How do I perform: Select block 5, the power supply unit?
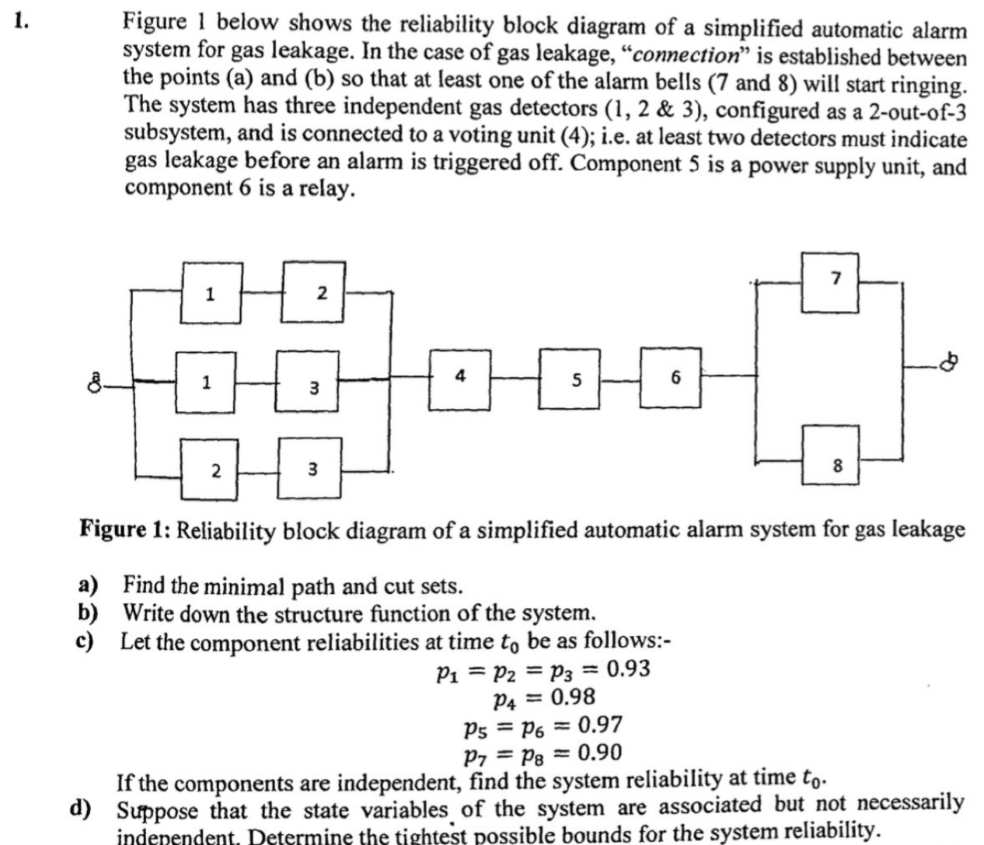point(576,380)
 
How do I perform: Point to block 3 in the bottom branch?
point(310,469)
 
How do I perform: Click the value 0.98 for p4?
point(573,697)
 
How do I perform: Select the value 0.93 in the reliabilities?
point(626,669)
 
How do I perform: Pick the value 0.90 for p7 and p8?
point(599,752)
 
